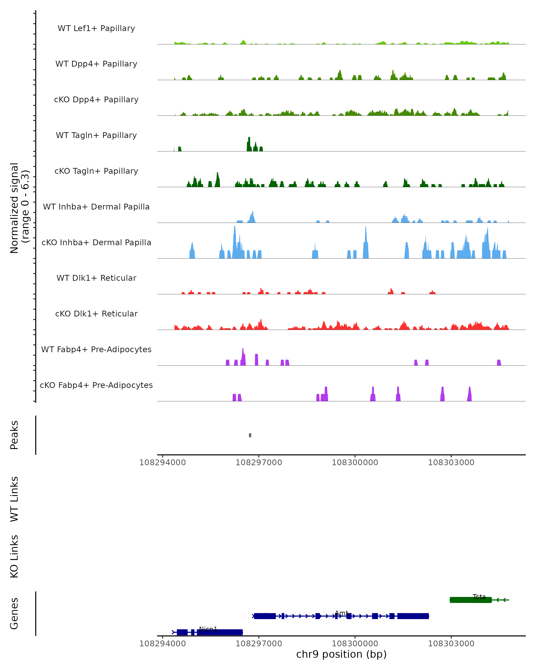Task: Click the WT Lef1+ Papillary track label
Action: [96, 28]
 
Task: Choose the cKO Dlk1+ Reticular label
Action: [96, 314]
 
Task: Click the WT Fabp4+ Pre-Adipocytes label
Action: [96, 349]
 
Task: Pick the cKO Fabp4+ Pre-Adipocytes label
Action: [96, 385]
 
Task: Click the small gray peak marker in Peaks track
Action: [250, 435]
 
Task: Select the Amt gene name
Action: [341, 613]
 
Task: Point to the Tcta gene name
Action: [479, 597]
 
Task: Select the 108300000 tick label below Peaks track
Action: [355, 463]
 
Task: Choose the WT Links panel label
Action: [14, 499]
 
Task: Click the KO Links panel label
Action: [14, 556]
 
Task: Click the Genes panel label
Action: [14, 613]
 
